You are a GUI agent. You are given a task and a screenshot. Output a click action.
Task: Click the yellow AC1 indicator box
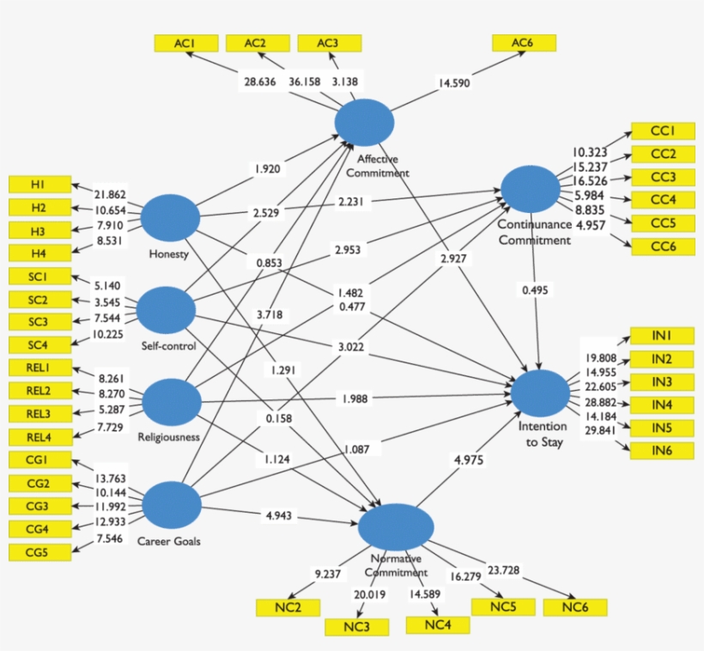tap(185, 43)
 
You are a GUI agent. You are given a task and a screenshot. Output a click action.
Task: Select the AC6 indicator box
tap(524, 43)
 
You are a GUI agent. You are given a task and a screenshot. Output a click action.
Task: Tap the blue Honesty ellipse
tap(169, 217)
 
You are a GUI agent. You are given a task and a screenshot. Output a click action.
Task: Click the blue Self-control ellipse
tap(167, 310)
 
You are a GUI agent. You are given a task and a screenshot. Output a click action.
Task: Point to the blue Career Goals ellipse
tap(171, 504)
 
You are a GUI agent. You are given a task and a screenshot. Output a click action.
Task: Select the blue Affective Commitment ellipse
tap(364, 123)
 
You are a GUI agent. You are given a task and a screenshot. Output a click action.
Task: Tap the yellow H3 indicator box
tap(39, 230)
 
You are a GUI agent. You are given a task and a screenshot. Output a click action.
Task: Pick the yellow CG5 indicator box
tap(39, 552)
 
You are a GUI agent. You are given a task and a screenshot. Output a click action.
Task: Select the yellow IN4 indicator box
tap(661, 405)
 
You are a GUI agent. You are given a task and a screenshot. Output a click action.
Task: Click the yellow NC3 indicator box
tap(355, 627)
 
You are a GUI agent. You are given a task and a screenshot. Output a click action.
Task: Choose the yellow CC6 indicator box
tap(661, 246)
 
